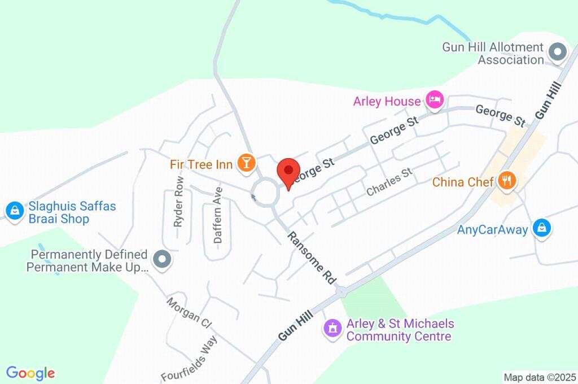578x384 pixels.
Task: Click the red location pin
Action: [288, 171]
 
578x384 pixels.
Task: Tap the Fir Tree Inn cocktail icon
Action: [247, 163]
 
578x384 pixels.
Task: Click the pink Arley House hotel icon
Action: [434, 100]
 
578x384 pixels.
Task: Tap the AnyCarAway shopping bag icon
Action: [542, 229]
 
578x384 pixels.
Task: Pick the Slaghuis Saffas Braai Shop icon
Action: [14, 211]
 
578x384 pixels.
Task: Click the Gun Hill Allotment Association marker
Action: [558, 53]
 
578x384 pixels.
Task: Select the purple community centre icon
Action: [332, 328]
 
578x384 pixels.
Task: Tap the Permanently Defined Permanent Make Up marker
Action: [163, 260]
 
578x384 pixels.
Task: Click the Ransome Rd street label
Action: [311, 258]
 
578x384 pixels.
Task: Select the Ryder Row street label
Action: [179, 202]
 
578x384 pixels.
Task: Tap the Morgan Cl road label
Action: [189, 312]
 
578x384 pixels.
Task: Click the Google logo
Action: [30, 373]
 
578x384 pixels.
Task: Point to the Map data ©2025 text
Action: [540, 377]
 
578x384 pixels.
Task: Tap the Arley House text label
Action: [387, 102]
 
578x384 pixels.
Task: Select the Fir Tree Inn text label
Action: [201, 164]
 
